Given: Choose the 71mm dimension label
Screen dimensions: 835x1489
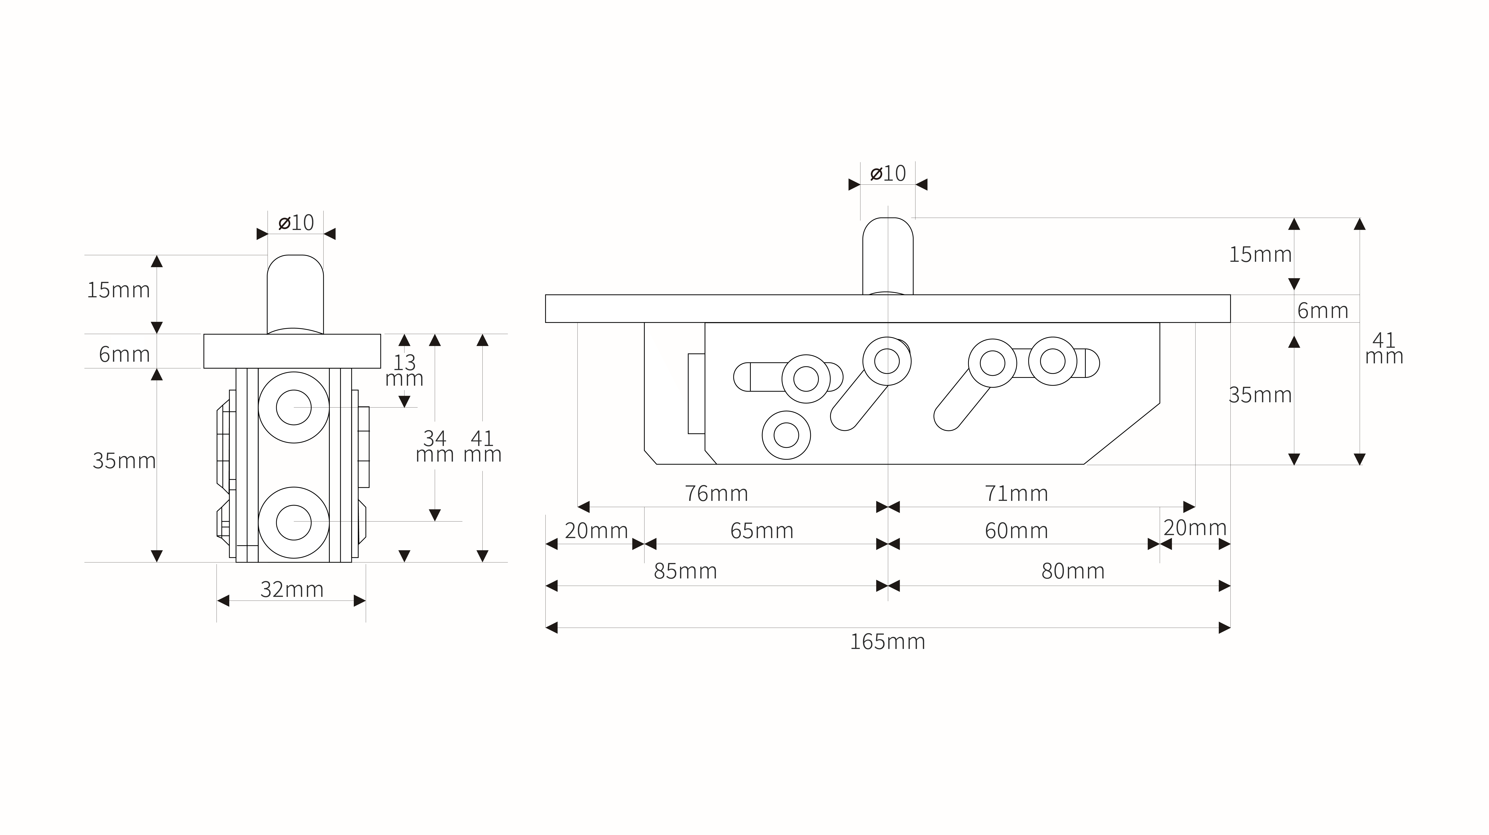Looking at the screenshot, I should [1016, 493].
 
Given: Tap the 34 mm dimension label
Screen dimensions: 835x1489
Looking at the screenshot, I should [435, 446].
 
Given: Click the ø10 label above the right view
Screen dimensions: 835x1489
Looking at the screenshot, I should [888, 173].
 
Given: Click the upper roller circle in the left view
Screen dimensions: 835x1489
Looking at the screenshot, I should [294, 407].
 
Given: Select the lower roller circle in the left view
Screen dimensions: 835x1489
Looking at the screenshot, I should [294, 522].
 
